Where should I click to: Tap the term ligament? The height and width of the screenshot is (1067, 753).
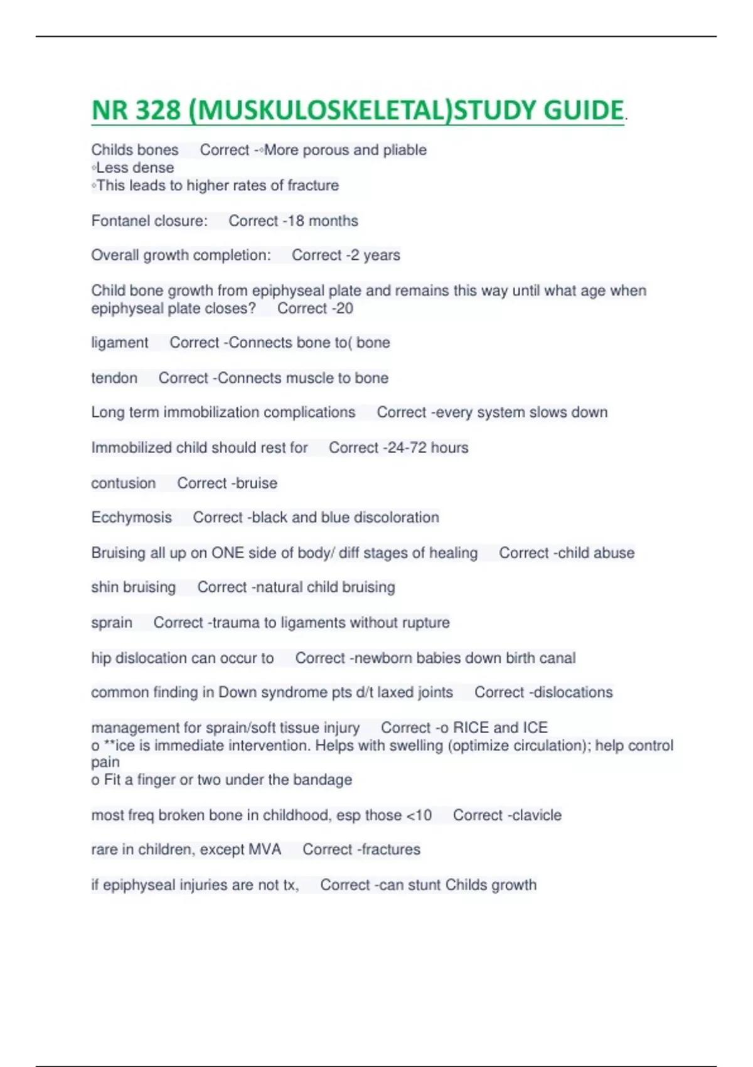click(120, 343)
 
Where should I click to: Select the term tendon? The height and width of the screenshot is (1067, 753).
click(114, 378)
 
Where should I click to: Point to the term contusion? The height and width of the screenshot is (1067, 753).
click(123, 483)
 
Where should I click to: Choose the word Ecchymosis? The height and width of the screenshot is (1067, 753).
click(131, 518)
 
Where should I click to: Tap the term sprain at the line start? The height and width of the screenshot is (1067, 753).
click(112, 623)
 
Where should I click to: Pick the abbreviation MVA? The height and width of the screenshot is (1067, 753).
click(265, 850)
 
